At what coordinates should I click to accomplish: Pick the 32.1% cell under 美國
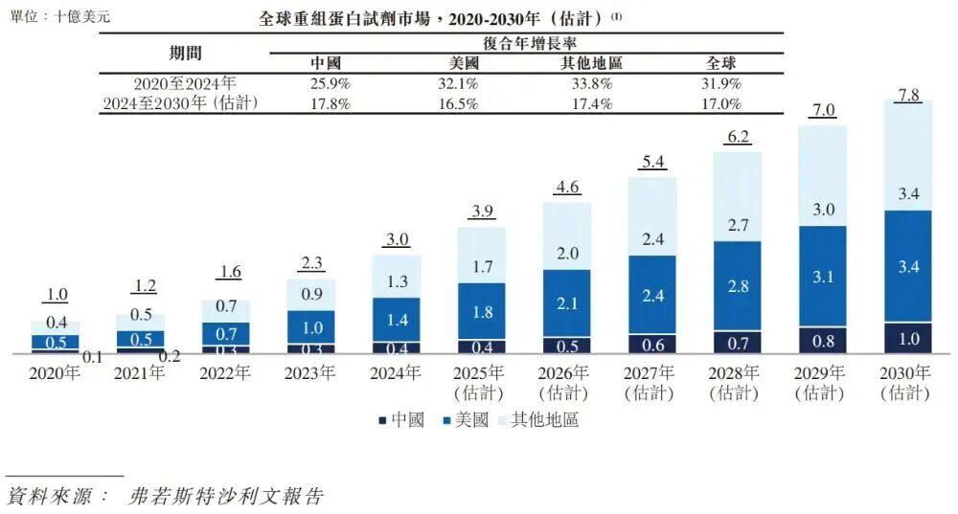(458, 83)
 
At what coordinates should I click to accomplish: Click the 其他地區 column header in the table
(591, 63)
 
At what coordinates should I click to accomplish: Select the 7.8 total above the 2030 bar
(907, 94)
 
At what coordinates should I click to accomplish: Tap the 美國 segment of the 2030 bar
(907, 265)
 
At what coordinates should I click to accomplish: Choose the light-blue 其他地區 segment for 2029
(822, 175)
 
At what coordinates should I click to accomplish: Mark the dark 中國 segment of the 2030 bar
(907, 338)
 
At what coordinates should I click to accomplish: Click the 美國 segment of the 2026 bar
(566, 302)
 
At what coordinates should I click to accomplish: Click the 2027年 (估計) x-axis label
(651, 382)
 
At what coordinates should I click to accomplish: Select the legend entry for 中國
(401, 419)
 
